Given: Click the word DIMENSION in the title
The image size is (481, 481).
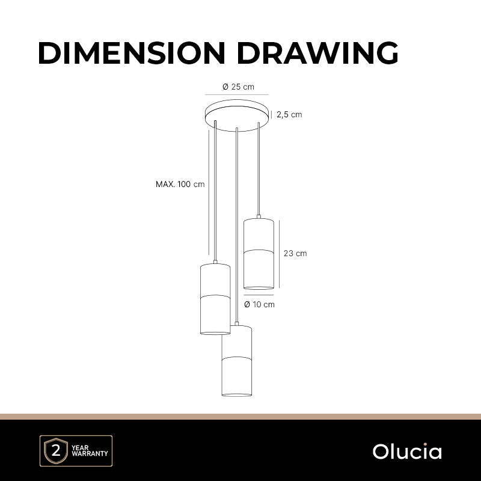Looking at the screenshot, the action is click(132, 53).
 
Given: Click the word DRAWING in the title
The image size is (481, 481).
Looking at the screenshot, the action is click(317, 53).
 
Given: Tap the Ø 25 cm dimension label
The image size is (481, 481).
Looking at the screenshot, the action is click(238, 87).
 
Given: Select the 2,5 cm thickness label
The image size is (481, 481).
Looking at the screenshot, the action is click(289, 114).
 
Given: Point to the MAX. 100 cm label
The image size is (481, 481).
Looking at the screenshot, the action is click(180, 184).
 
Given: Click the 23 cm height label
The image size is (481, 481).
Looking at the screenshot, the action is click(295, 253).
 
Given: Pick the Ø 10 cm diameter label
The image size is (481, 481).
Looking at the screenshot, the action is click(260, 304).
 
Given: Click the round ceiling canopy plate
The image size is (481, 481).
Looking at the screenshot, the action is click(238, 115).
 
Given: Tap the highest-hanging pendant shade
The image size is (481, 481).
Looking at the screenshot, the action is click(259, 253).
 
